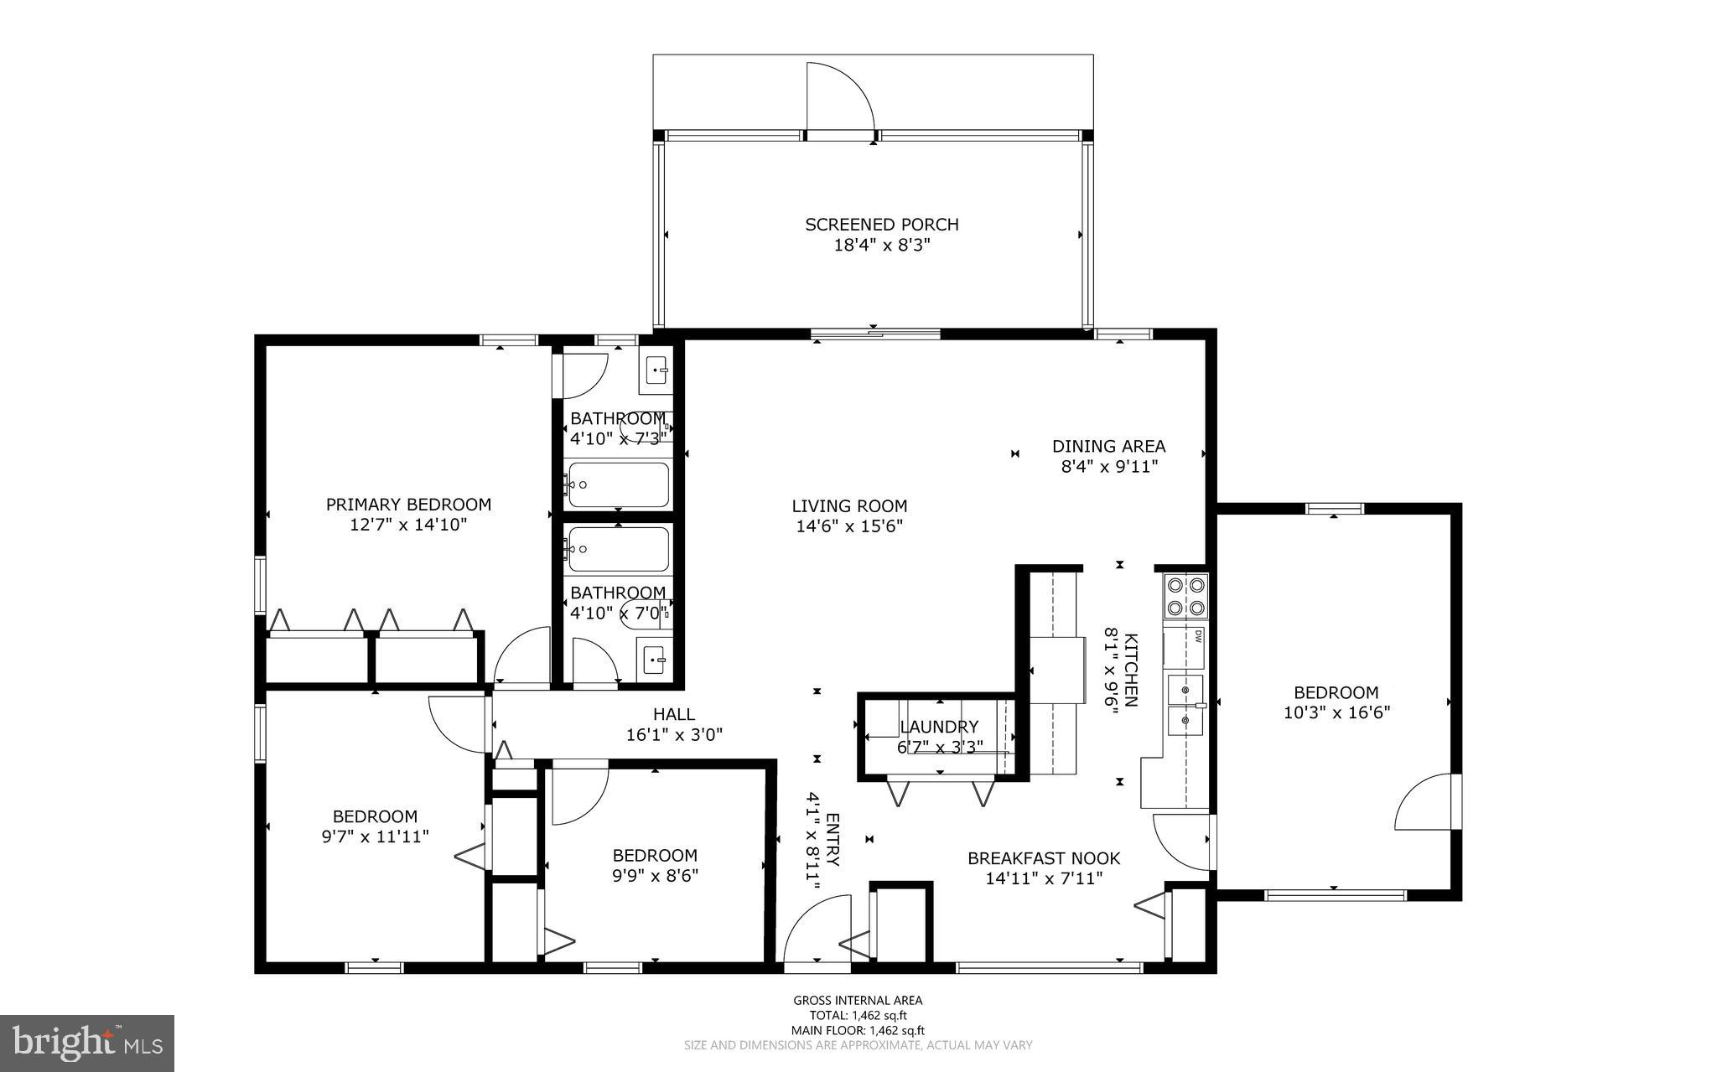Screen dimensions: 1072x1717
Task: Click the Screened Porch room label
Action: [x=881, y=225]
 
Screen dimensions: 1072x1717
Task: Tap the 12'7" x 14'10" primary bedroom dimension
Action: [x=407, y=525]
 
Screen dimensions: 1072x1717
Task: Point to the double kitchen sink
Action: [x=1185, y=704]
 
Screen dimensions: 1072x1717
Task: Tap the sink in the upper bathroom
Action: [x=656, y=370]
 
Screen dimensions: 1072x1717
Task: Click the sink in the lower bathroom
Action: [x=653, y=660]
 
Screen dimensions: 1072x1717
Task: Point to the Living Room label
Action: [x=849, y=505]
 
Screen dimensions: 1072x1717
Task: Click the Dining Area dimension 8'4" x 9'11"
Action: [x=1109, y=467]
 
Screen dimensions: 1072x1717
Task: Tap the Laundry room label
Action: [x=939, y=727]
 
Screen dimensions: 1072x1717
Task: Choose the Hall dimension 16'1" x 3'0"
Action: [x=674, y=734]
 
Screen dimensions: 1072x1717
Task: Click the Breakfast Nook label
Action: [x=1043, y=858]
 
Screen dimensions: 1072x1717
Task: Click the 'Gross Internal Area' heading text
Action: [x=858, y=1000]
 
